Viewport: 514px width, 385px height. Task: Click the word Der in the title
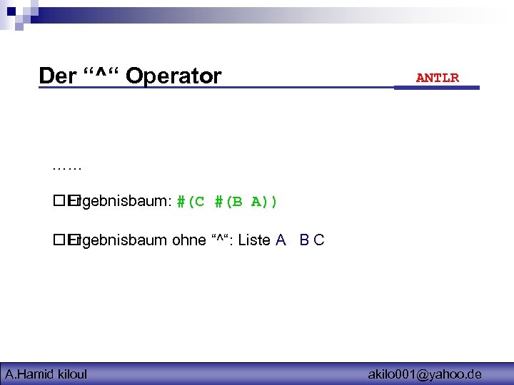click(x=56, y=76)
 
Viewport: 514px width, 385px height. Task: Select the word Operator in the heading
click(x=173, y=76)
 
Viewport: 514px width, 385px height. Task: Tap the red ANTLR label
click(x=438, y=78)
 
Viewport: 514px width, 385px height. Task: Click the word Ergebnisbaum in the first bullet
click(x=121, y=202)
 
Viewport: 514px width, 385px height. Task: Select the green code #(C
click(x=191, y=202)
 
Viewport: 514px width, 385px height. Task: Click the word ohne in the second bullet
click(x=188, y=240)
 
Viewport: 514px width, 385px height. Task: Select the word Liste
click(x=254, y=240)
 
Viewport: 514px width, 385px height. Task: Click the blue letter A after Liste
click(x=281, y=240)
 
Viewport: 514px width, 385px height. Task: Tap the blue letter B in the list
click(x=303, y=240)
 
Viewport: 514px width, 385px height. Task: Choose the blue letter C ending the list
click(x=319, y=240)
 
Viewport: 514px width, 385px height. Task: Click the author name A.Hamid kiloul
click(x=46, y=374)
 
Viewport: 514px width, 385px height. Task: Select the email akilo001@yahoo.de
click(x=425, y=374)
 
